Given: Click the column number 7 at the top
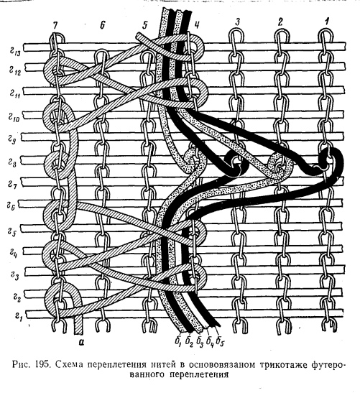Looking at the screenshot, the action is [55, 25].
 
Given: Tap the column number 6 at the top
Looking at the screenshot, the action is [102, 25].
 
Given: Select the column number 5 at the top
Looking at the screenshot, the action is [145, 26].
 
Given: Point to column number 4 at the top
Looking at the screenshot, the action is [197, 26].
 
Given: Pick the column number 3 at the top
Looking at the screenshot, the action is [237, 22].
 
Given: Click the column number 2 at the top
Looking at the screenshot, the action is [280, 22].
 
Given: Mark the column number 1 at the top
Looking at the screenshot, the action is [326, 22].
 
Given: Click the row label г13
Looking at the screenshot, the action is [15, 53].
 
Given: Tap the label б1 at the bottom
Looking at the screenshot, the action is [180, 343].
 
